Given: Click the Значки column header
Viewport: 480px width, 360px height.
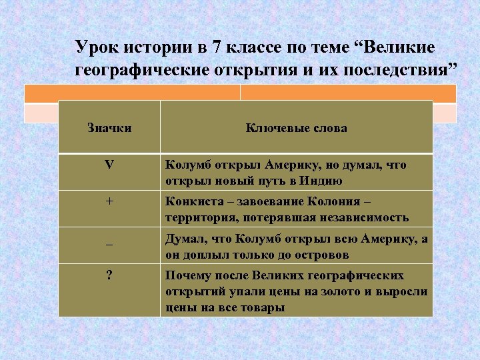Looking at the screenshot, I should [109, 127].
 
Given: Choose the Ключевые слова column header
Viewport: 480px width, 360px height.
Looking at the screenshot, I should [296, 127].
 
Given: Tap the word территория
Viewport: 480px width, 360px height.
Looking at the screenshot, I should [198, 217].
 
